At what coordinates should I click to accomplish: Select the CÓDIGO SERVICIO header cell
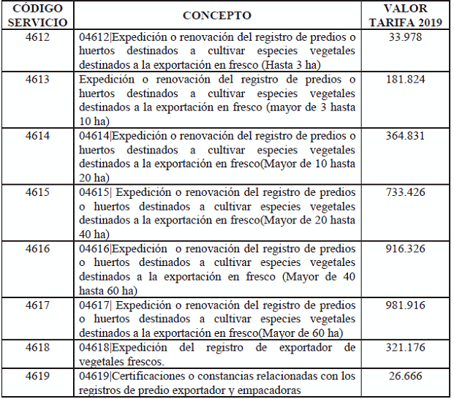tap(37, 15)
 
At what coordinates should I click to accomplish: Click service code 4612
tap(37, 37)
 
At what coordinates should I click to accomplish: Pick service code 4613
tap(37, 79)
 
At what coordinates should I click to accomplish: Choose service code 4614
tap(37, 136)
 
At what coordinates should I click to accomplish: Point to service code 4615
tap(37, 192)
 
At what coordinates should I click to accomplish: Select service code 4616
tap(37, 249)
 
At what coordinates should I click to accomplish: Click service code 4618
tap(37, 348)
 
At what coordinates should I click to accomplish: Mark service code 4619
tap(37, 376)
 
